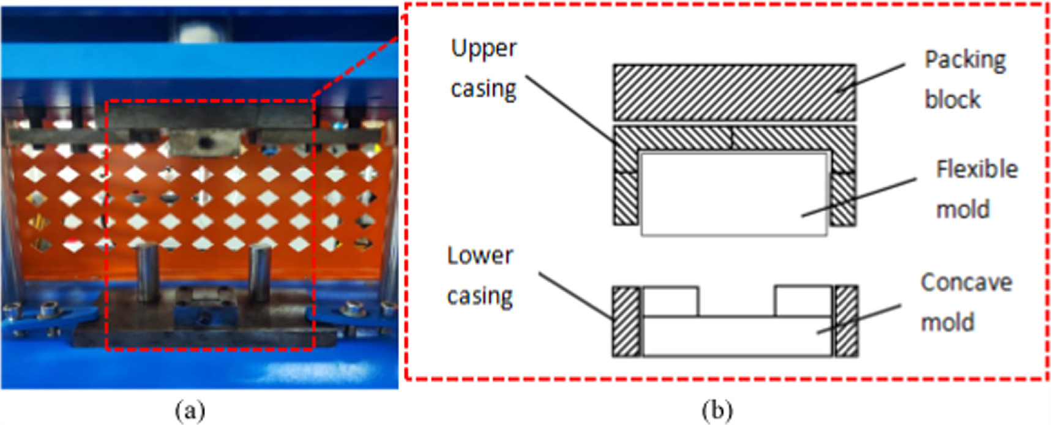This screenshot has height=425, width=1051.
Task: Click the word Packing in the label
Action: click(965, 60)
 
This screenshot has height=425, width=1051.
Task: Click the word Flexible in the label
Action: click(976, 169)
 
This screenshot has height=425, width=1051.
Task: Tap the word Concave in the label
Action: click(966, 282)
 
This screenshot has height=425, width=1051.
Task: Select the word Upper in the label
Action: click(484, 49)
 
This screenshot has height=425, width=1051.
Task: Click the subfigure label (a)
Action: click(190, 410)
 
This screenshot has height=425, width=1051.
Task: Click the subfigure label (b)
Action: click(717, 410)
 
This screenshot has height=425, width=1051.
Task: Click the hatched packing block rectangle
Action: click(735, 92)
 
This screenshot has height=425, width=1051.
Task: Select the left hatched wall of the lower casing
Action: click(626, 321)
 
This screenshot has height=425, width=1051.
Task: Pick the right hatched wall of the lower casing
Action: click(846, 321)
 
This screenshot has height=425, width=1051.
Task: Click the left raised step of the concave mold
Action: click(670, 301)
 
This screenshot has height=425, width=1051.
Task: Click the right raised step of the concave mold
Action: click(803, 301)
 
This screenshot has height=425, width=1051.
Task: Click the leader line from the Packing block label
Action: click(872, 77)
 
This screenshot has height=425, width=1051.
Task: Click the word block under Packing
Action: click(952, 100)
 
